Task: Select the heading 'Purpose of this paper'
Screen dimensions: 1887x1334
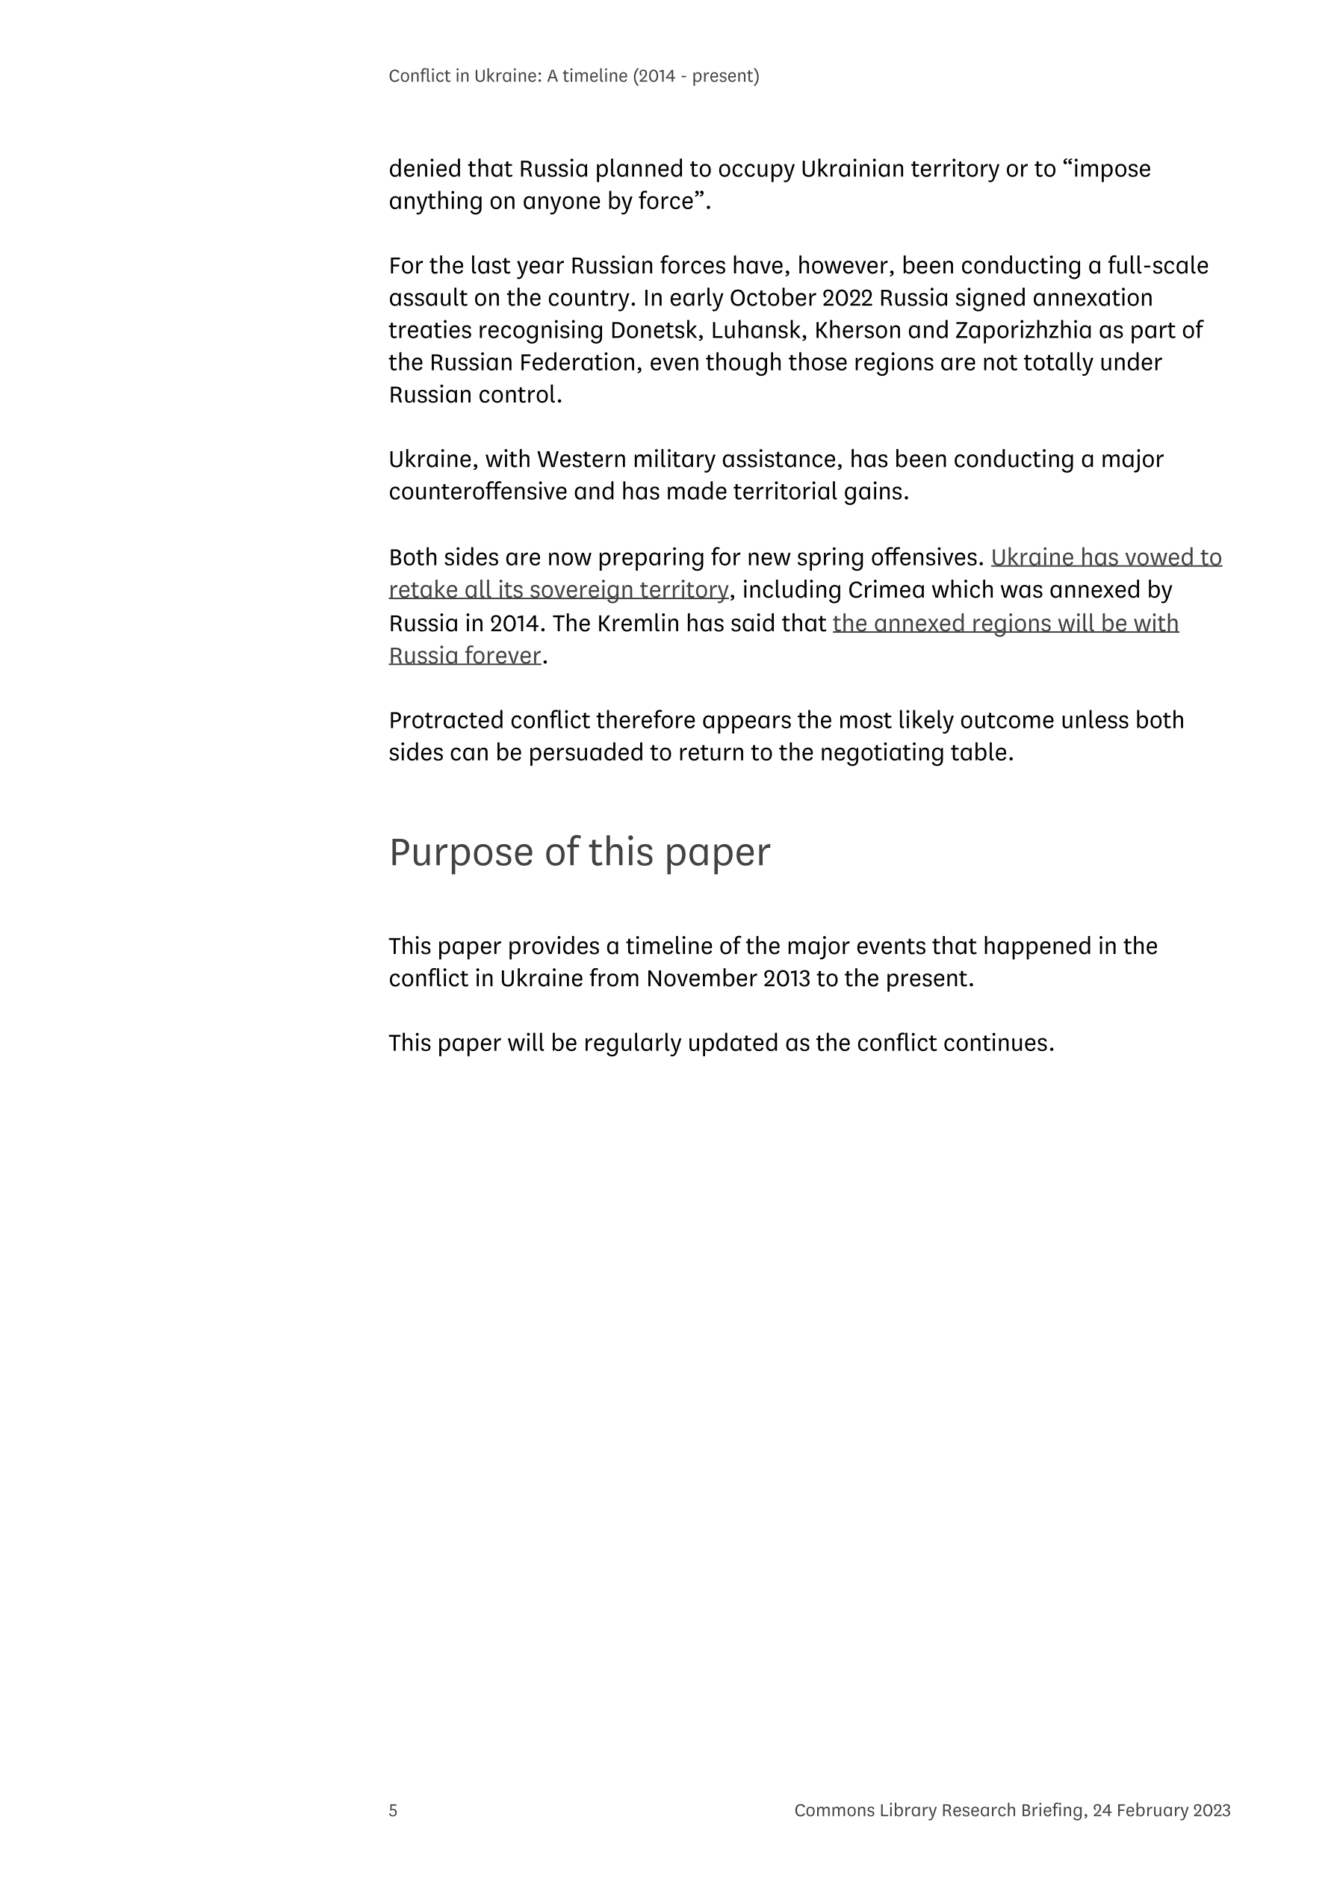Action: [x=580, y=852]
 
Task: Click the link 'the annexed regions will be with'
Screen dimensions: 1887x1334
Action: [x=1005, y=623]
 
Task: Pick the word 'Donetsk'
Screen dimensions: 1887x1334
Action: [x=653, y=329]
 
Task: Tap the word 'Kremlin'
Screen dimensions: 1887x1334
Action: [x=638, y=623]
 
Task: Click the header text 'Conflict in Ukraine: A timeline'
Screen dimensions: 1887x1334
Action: [x=507, y=75]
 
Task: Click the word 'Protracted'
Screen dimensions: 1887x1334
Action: [x=445, y=720]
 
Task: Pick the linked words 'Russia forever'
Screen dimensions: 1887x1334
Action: [x=465, y=655]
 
